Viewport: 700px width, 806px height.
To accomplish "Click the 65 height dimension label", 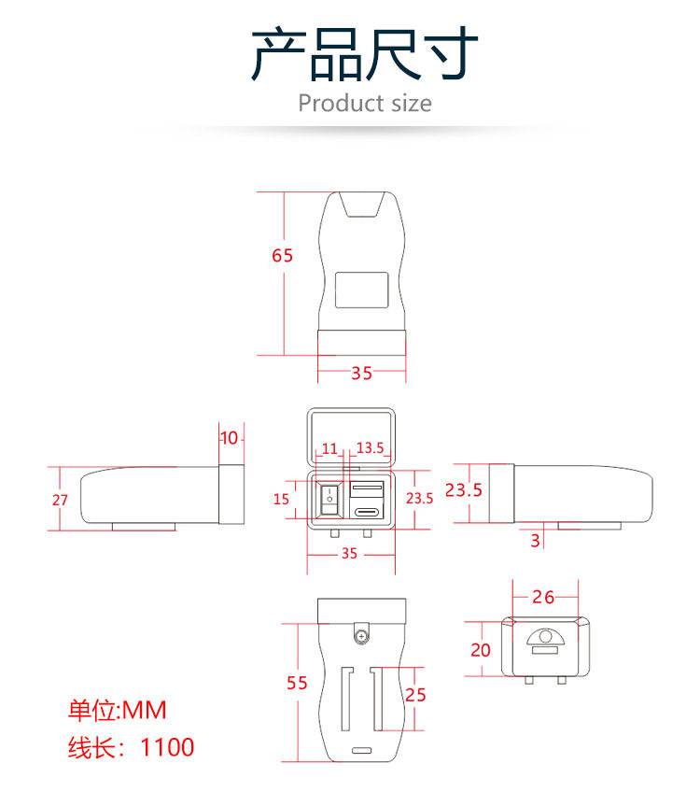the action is click(x=283, y=256).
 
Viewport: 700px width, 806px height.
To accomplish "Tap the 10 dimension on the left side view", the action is click(x=229, y=438).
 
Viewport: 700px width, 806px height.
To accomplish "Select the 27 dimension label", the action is click(x=60, y=500).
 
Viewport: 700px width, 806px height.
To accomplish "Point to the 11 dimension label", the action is click(x=329, y=449).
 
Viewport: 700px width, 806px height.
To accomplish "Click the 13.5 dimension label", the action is click(x=370, y=449).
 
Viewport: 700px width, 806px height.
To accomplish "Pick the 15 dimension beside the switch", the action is click(x=281, y=499).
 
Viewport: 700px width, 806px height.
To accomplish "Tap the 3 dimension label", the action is click(x=535, y=540).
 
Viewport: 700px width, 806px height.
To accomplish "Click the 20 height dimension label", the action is click(x=481, y=650).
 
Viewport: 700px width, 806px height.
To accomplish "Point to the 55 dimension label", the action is click(x=297, y=684).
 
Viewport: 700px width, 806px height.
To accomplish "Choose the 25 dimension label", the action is click(x=416, y=695).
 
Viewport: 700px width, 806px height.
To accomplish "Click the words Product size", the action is click(x=365, y=103).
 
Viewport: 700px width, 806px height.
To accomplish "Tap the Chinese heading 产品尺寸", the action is click(x=365, y=54).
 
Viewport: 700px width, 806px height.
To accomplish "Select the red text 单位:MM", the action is click(x=117, y=711).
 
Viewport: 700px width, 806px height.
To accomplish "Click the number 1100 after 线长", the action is click(x=168, y=747).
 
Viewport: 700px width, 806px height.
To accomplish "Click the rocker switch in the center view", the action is click(x=329, y=499).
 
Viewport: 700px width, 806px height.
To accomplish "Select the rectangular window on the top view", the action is click(x=361, y=290).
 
